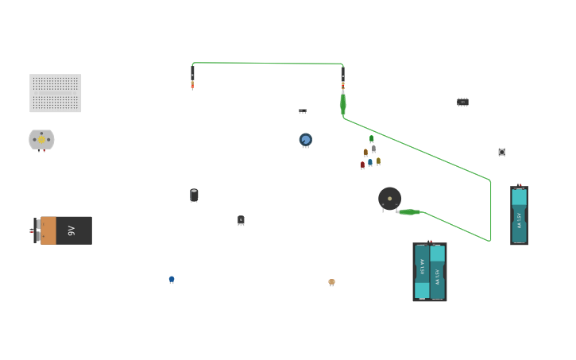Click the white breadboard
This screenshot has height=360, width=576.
(x=56, y=93)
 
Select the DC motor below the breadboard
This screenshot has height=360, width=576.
(x=41, y=140)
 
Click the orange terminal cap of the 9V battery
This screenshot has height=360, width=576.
(x=48, y=230)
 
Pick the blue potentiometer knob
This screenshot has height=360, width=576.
(x=306, y=140)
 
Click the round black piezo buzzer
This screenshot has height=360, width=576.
(x=389, y=199)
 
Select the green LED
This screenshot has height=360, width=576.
(x=371, y=139)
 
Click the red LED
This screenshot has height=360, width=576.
(x=362, y=165)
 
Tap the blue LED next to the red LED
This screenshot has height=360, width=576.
(x=370, y=162)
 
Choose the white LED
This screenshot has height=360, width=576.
(x=373, y=149)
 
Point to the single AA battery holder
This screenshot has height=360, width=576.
(x=519, y=215)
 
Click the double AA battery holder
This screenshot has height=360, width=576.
(x=430, y=272)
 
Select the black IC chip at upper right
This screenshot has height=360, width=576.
(x=462, y=102)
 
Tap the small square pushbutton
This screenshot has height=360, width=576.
(x=501, y=152)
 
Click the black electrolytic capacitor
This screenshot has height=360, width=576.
(x=194, y=195)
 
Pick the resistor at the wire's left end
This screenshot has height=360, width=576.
(x=192, y=83)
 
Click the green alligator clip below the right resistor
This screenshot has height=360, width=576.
(x=343, y=103)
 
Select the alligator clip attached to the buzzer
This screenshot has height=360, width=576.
(x=409, y=212)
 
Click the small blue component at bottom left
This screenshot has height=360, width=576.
(x=172, y=280)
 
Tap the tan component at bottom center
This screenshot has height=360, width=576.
(x=331, y=282)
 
